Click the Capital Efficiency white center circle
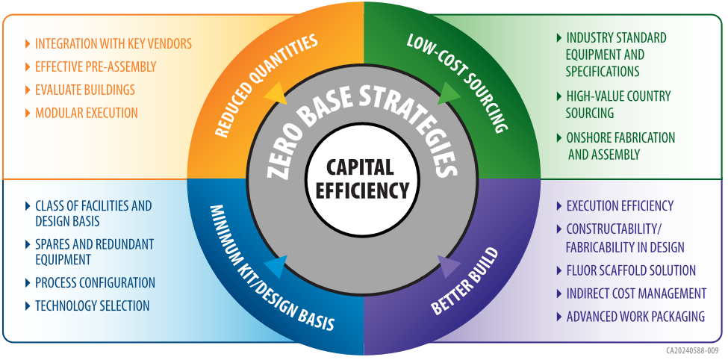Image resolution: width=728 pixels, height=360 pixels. pyautogui.click(x=363, y=179)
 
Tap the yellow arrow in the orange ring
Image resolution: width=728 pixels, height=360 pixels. pyautogui.click(x=276, y=93)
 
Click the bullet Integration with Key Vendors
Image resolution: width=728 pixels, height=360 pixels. pyautogui.click(x=113, y=43)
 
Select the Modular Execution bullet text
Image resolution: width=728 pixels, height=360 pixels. pyautogui.click(x=86, y=113)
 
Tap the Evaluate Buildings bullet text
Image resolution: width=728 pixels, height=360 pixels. pyautogui.click(x=84, y=90)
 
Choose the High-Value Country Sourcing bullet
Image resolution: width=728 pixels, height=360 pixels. pyautogui.click(x=618, y=105)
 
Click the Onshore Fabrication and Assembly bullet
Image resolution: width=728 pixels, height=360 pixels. pyautogui.click(x=620, y=146)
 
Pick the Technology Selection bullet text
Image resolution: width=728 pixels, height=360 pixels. pyautogui.click(x=92, y=305)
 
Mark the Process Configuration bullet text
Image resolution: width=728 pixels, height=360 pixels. pyautogui.click(x=95, y=282)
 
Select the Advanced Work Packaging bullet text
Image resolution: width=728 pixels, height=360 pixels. pyautogui.click(x=635, y=317)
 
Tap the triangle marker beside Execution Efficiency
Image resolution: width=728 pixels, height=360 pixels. pyautogui.click(x=559, y=206)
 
